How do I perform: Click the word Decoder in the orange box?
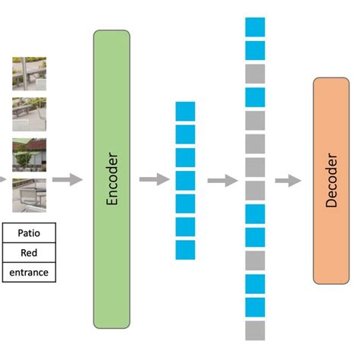point(332,180)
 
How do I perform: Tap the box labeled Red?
point(29,252)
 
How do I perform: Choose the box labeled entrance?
point(29,271)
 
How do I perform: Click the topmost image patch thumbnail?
point(29,74)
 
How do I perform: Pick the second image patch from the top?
point(29,115)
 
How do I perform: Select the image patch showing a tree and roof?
point(29,155)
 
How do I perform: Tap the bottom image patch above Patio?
point(29,195)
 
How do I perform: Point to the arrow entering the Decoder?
point(288,180)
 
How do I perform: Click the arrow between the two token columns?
point(223,180)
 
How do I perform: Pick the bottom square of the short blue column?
point(185,250)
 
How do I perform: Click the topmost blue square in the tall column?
point(255,27)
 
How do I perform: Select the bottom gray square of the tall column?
point(255,330)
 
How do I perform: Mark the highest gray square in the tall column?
point(255,74)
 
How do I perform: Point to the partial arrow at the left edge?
point(3,180)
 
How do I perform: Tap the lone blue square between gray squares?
point(255,97)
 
